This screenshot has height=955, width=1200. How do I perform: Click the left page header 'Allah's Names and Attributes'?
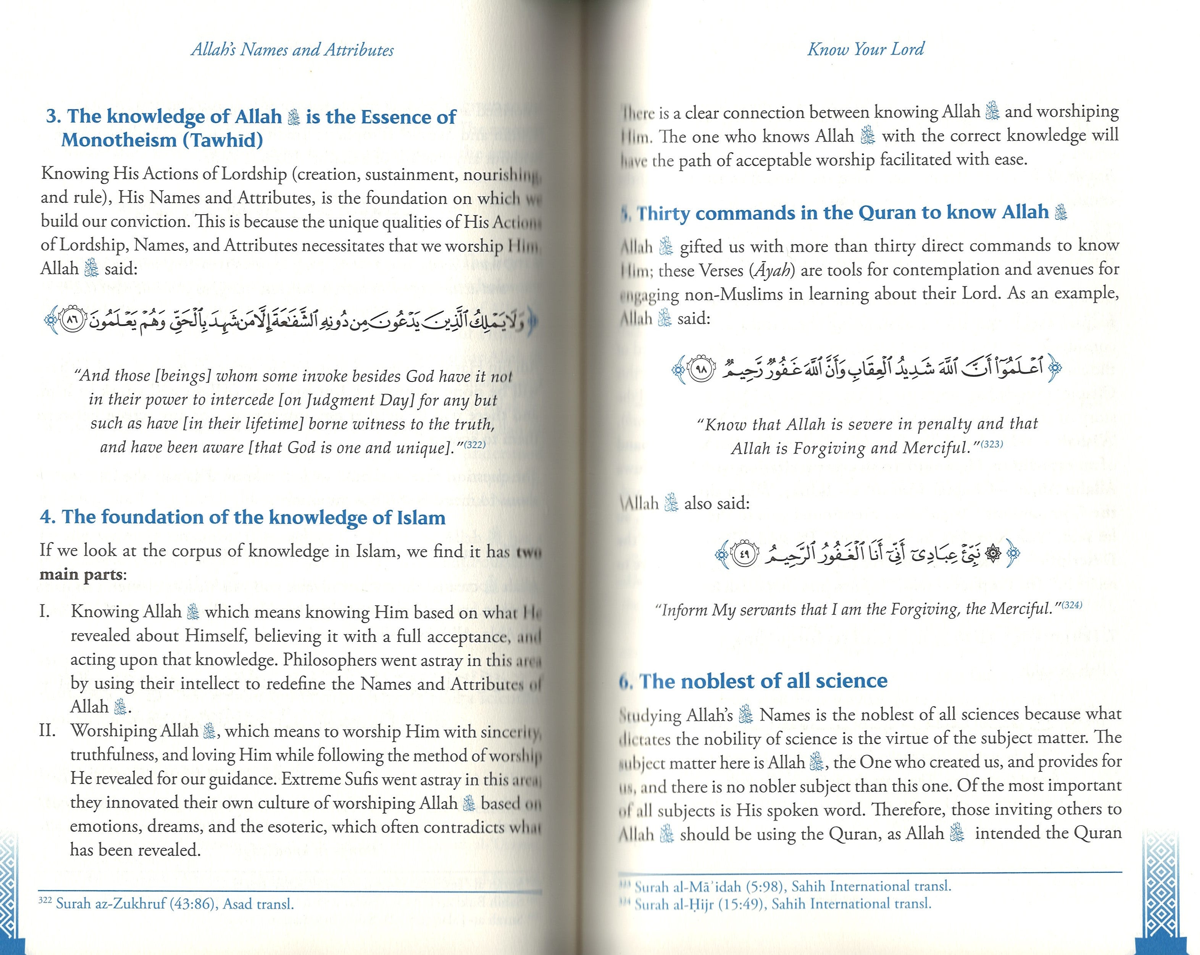click(292, 50)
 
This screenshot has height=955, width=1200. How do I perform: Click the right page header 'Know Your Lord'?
click(866, 49)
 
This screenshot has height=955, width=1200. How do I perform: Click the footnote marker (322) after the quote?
click(475, 444)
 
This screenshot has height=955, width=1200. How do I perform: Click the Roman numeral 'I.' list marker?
click(45, 611)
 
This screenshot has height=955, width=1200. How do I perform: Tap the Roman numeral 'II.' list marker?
click(48, 730)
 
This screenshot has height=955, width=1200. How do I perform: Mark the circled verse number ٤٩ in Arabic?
click(744, 554)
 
